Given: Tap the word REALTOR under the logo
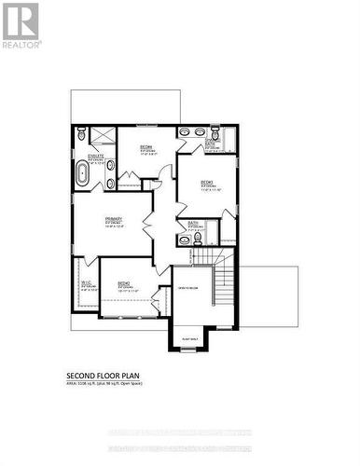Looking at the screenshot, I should tap(21, 44).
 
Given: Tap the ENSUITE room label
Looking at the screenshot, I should tap(95, 156).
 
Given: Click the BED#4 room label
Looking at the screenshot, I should tap(146, 147).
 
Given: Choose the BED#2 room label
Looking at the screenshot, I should tap(123, 284).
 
